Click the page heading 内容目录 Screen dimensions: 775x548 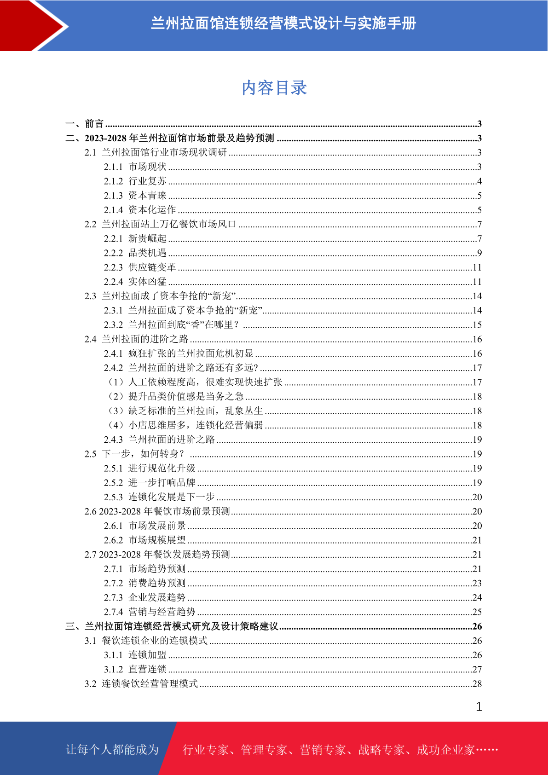(274, 88)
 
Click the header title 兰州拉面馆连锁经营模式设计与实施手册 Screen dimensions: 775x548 (283, 23)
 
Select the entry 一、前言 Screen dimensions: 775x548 (85, 124)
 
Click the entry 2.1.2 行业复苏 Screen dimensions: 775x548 (135, 181)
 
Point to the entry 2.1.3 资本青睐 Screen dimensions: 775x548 (135, 196)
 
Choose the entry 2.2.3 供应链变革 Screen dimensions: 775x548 (140, 267)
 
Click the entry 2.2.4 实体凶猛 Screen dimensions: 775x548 (135, 282)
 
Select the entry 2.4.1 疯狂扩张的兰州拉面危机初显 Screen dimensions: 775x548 (179, 353)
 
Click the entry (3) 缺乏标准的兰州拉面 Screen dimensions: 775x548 (185, 411)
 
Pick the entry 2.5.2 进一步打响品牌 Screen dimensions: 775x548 (150, 483)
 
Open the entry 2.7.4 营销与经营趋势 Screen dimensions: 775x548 (150, 612)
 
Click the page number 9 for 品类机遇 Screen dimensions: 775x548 (479, 253)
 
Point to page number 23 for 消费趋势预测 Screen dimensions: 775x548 (477, 584)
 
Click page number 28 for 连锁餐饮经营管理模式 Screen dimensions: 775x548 (477, 684)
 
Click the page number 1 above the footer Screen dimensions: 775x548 (479, 707)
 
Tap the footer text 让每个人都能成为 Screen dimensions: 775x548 (112, 750)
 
